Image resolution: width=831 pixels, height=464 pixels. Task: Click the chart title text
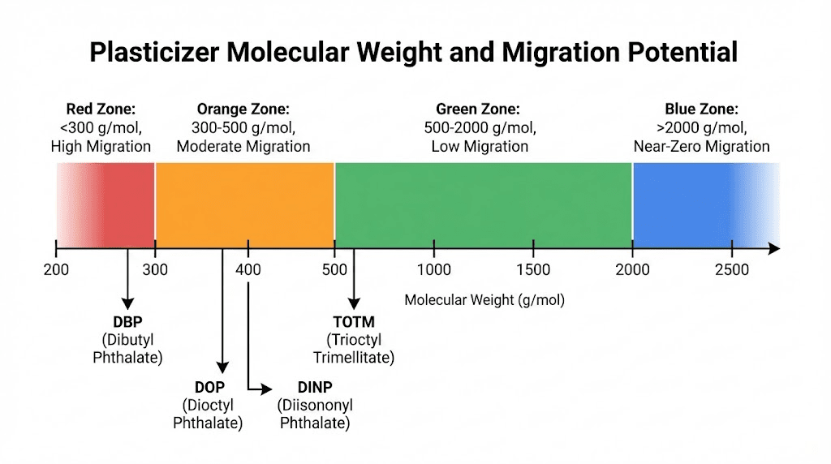point(413,52)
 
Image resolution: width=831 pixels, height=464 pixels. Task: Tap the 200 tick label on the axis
point(55,269)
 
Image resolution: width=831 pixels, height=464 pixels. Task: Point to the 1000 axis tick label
point(434,269)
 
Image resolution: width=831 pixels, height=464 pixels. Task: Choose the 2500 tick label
point(732,269)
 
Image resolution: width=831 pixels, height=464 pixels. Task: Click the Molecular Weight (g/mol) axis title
point(484,300)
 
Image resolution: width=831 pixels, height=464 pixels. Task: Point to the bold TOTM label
point(354,321)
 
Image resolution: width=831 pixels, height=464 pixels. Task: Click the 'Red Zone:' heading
point(101,110)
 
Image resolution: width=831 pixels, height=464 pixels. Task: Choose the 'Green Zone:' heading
point(478,110)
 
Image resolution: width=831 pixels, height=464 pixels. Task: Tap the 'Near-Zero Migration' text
point(701,147)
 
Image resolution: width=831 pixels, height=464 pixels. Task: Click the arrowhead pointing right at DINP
point(267,390)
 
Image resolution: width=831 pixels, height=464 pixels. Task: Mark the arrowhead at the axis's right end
point(774,248)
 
